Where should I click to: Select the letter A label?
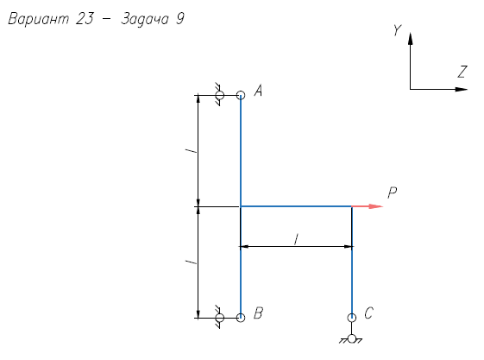click(x=258, y=91)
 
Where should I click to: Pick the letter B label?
click(x=258, y=313)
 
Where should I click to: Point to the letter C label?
click(x=369, y=313)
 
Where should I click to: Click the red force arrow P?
click(x=368, y=206)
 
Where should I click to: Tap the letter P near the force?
click(x=392, y=193)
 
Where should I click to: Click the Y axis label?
click(x=397, y=30)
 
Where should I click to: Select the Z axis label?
click(x=462, y=72)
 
